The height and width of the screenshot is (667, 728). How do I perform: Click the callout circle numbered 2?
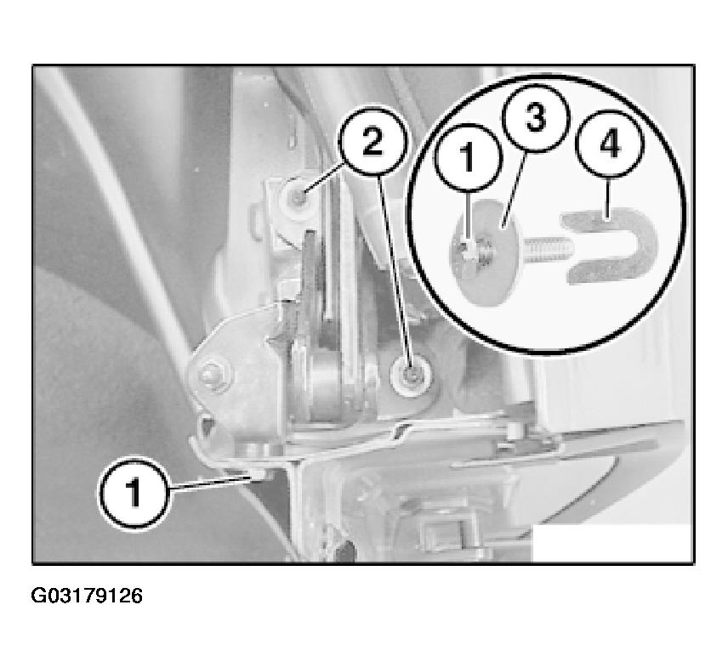pyautogui.click(x=373, y=142)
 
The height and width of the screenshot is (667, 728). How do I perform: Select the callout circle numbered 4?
pyautogui.click(x=610, y=144)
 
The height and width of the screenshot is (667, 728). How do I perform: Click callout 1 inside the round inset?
pyautogui.click(x=469, y=158)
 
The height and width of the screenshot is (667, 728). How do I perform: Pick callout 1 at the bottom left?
pyautogui.click(x=134, y=493)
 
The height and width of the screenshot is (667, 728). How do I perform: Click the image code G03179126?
pyautogui.click(x=87, y=596)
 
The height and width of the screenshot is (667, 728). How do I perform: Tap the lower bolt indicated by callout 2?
pyautogui.click(x=411, y=375)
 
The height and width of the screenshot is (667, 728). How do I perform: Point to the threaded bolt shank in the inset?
pyautogui.click(x=548, y=250)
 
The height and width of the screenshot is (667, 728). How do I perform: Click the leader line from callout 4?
pyautogui.click(x=608, y=198)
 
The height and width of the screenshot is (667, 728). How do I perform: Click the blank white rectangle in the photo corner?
pyautogui.click(x=613, y=543)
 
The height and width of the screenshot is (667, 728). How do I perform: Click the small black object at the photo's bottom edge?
pyautogui.click(x=344, y=551)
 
